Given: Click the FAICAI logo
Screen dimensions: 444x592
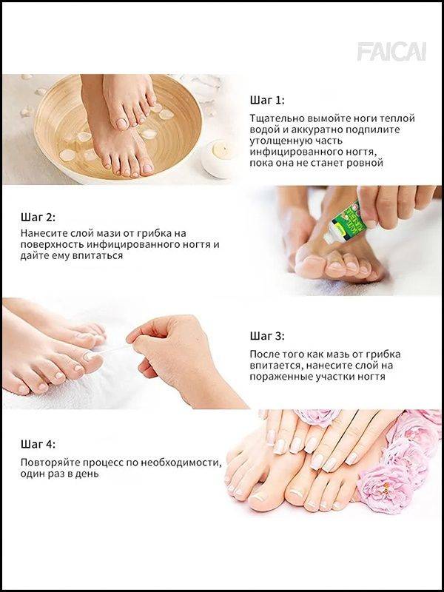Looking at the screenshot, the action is [x=391, y=52].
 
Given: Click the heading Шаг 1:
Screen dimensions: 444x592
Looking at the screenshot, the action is [x=267, y=101].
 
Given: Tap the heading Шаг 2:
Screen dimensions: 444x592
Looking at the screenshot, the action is [x=38, y=218].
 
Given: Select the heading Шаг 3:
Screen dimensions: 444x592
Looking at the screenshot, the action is [x=267, y=336].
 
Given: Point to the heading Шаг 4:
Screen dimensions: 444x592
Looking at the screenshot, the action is [x=38, y=444].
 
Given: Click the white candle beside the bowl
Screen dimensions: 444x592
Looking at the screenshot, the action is [x=219, y=157].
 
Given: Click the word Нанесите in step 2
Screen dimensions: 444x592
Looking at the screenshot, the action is [x=41, y=233].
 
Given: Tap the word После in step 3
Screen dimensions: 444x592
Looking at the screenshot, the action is [x=263, y=354].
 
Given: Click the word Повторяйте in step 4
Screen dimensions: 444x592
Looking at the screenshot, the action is [x=49, y=462].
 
